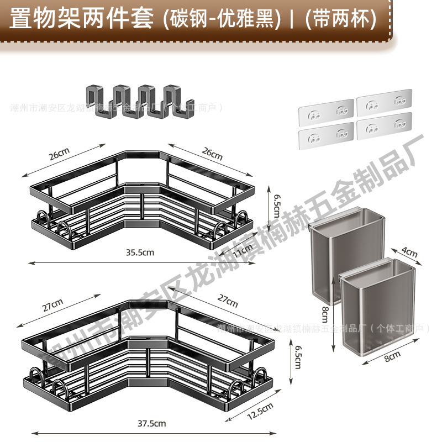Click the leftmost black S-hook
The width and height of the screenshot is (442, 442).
pyautogui.click(x=101, y=102)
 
